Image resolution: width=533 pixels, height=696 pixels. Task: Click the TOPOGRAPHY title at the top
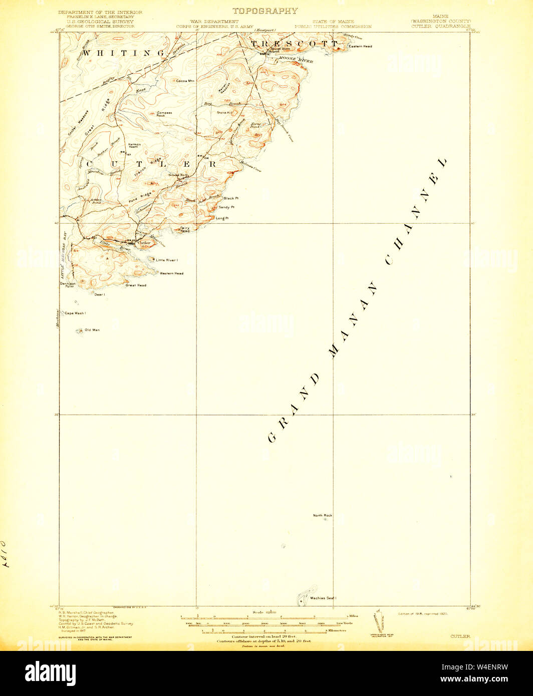[265, 11]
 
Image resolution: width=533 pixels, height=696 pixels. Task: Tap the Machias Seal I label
[323, 598]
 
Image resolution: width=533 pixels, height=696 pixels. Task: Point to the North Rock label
[323, 515]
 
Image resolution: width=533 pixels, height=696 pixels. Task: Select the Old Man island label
[92, 330]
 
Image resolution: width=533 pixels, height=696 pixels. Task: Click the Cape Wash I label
[75, 313]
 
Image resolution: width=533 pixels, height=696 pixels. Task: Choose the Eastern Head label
[361, 47]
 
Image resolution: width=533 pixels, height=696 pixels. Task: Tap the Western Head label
[171, 273]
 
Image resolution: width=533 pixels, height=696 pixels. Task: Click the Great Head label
[136, 285]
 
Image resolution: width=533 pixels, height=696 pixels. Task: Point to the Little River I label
[167, 260]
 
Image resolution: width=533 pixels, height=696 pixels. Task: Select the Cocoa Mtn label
[185, 81]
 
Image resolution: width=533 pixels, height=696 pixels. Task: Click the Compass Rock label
[164, 114]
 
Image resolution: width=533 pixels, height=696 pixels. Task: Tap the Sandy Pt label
[226, 207]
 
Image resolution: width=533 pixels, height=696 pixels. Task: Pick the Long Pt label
[222, 218]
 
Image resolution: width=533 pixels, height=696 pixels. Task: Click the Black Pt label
[231, 198]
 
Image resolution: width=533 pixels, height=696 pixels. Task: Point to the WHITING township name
[123, 53]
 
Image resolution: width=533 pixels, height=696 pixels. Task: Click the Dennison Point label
[67, 285]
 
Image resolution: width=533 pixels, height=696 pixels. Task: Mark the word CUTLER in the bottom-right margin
[460, 636]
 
